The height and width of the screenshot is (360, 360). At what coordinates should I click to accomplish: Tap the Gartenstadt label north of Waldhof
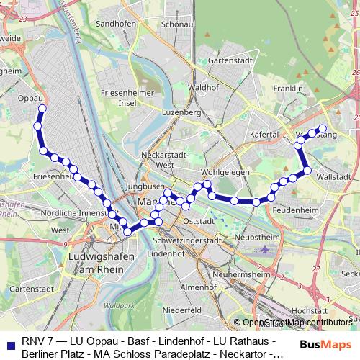point(228,61)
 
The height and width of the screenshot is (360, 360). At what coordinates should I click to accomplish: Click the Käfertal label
point(264,135)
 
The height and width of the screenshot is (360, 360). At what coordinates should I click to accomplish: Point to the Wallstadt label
point(333,176)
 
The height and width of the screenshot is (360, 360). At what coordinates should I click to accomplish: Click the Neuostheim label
point(257,236)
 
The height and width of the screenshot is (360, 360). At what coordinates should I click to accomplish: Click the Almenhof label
point(197,287)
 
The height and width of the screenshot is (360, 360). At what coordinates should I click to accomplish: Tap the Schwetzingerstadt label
point(187,240)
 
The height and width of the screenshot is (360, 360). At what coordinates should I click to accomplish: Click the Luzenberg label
point(181,113)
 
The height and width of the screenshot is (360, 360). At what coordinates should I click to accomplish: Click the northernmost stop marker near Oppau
point(42,109)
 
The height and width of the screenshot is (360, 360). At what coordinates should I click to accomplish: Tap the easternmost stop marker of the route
point(323,129)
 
